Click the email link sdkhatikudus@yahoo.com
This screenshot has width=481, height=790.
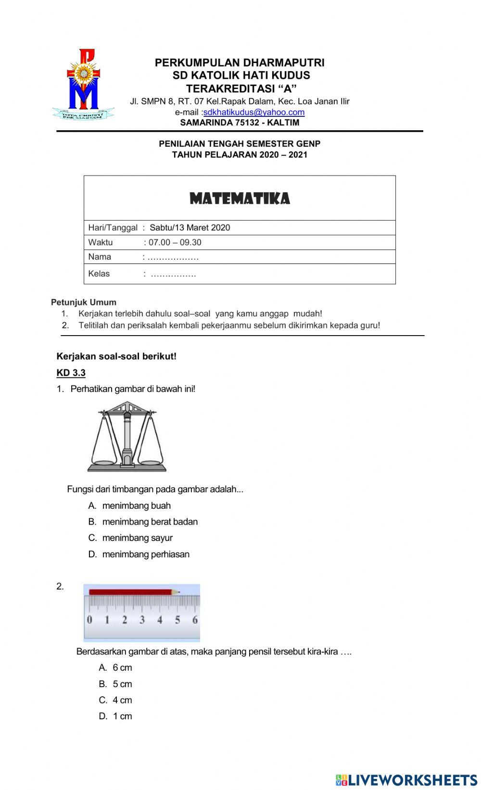click(x=253, y=112)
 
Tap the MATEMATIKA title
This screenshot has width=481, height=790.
click(x=240, y=199)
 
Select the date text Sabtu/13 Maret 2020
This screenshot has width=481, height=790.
click(x=190, y=227)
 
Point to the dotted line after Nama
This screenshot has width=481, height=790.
click(x=173, y=257)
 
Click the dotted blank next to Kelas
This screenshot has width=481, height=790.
click(x=173, y=274)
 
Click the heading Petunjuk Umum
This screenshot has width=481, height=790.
click(x=84, y=302)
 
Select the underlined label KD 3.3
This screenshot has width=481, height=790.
click(x=71, y=373)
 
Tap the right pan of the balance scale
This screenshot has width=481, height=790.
click(x=150, y=462)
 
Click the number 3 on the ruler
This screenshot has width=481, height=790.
click(x=142, y=620)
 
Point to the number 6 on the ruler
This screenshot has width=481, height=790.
click(x=195, y=620)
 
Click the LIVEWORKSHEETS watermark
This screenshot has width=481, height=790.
click(x=406, y=780)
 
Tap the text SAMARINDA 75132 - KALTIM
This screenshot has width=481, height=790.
click(x=240, y=122)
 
